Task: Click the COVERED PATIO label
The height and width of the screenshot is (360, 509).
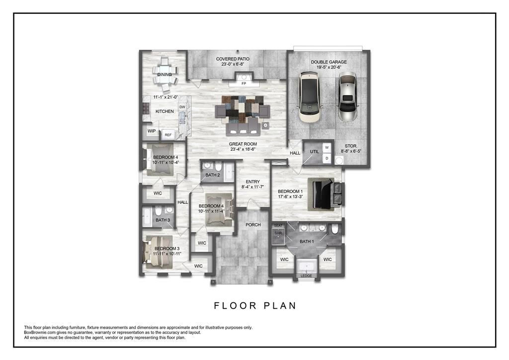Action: [x=233, y=59]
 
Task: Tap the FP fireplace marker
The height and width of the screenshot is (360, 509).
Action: [x=244, y=84]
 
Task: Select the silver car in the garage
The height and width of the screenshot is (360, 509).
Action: [x=347, y=97]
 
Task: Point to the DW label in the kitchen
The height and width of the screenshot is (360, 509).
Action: [x=182, y=107]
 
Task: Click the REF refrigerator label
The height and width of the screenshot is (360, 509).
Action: [x=168, y=135]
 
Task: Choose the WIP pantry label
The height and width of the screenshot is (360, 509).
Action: [x=151, y=131]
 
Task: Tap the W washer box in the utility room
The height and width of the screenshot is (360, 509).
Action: [x=327, y=148]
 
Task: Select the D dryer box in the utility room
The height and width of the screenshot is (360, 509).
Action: [x=327, y=159]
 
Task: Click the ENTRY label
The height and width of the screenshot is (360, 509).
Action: [x=253, y=181]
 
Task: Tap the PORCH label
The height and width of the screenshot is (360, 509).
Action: [x=253, y=225]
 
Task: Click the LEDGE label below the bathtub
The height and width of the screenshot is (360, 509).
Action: [x=306, y=275]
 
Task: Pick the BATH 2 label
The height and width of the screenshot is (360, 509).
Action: [x=212, y=175]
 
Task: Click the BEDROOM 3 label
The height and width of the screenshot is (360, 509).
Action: [x=167, y=249]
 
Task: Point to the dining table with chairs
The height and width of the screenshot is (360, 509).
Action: [x=165, y=74]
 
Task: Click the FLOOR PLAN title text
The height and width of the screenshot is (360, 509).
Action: [x=255, y=305]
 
